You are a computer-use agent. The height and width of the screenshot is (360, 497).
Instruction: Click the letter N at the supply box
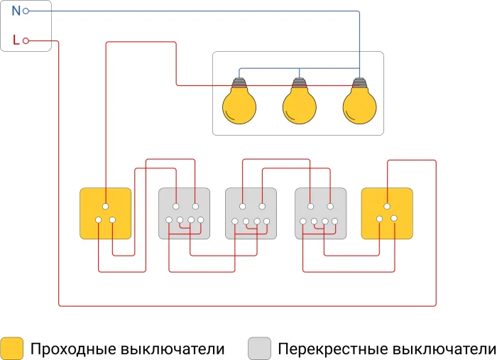pyautogui.click(x=16, y=11)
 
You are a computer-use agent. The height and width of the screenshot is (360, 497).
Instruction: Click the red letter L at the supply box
pyautogui.click(x=16, y=40)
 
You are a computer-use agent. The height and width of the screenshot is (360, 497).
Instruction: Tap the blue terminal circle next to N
pyautogui.click(x=26, y=11)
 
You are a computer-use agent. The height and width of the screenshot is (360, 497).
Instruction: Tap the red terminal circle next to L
pyautogui.click(x=26, y=41)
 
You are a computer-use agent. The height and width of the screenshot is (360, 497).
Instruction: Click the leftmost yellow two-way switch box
pyautogui.click(x=106, y=213)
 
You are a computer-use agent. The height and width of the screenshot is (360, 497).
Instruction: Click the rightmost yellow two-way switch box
pyautogui.click(x=387, y=213)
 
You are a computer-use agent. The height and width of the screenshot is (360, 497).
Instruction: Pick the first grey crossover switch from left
pyautogui.click(x=184, y=213)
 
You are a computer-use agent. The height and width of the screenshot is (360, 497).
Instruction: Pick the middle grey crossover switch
pyautogui.click(x=251, y=213)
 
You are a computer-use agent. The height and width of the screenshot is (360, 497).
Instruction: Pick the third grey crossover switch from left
pyautogui.click(x=320, y=213)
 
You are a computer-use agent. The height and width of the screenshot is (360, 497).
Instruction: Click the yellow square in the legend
pyautogui.click(x=12, y=349)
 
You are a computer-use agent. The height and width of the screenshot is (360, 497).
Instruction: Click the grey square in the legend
pyautogui.click(x=260, y=349)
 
